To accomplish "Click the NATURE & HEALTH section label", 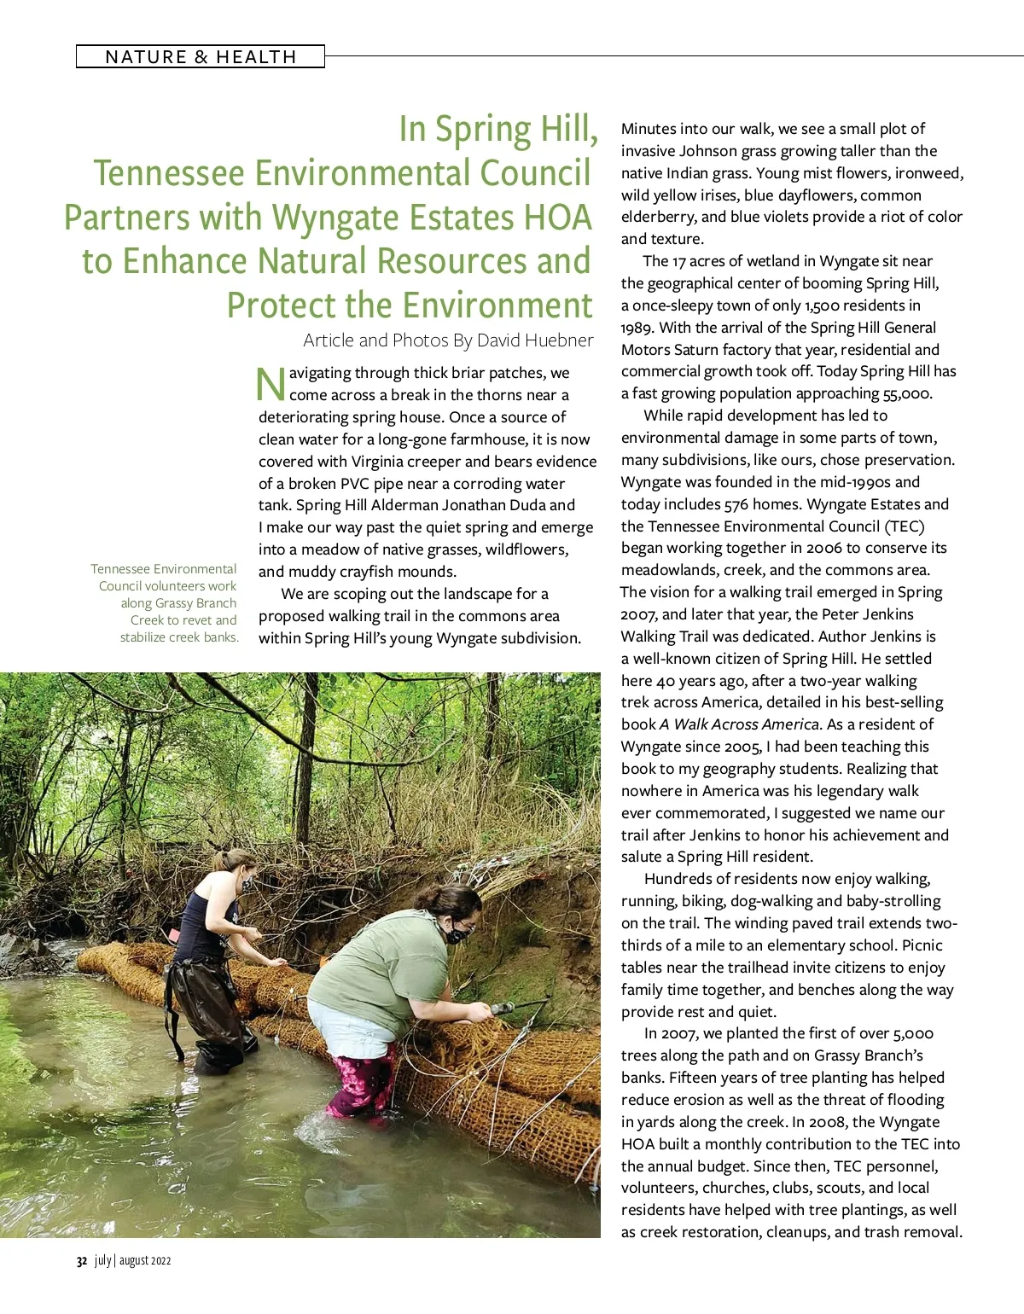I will [x=201, y=57].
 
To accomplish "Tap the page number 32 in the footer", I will [x=82, y=1261].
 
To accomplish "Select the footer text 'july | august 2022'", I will [x=133, y=1261].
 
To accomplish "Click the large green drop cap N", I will [x=271, y=384].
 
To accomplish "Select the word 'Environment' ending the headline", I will [x=495, y=305].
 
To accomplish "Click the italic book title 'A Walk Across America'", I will [x=739, y=724].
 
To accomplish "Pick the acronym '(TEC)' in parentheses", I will [x=905, y=526].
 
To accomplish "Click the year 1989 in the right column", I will [x=637, y=328].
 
